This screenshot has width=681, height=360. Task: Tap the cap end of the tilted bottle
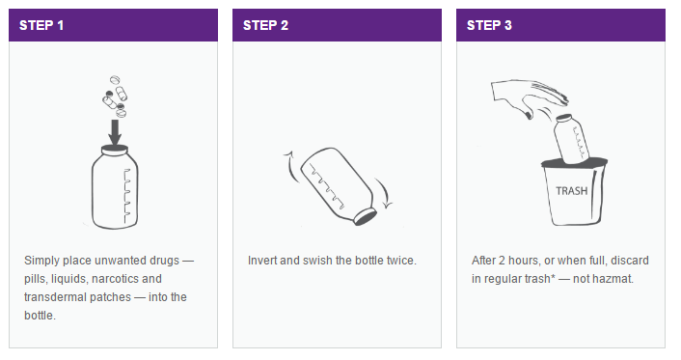[365, 214]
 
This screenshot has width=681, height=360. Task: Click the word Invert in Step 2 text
[263, 261]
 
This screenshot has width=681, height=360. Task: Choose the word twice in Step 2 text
[397, 261]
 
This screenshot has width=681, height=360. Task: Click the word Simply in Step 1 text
[42, 261]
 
